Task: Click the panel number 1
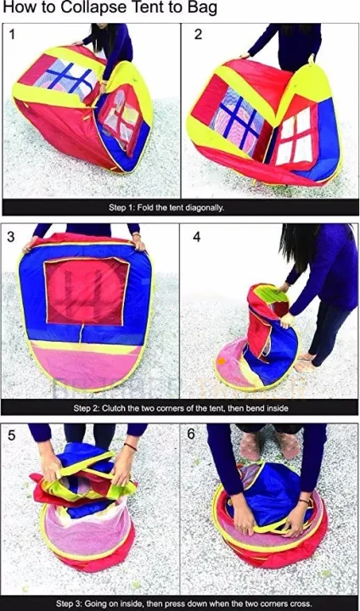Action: click(12, 35)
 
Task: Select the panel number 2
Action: click(198, 35)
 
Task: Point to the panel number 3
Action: click(11, 237)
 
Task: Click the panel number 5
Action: click(11, 435)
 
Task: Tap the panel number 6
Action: click(191, 434)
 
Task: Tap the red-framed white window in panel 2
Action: click(298, 135)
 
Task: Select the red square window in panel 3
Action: click(87, 291)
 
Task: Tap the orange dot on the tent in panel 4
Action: click(222, 362)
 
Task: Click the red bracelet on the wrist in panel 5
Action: click(130, 446)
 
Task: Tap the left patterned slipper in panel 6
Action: click(250, 446)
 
